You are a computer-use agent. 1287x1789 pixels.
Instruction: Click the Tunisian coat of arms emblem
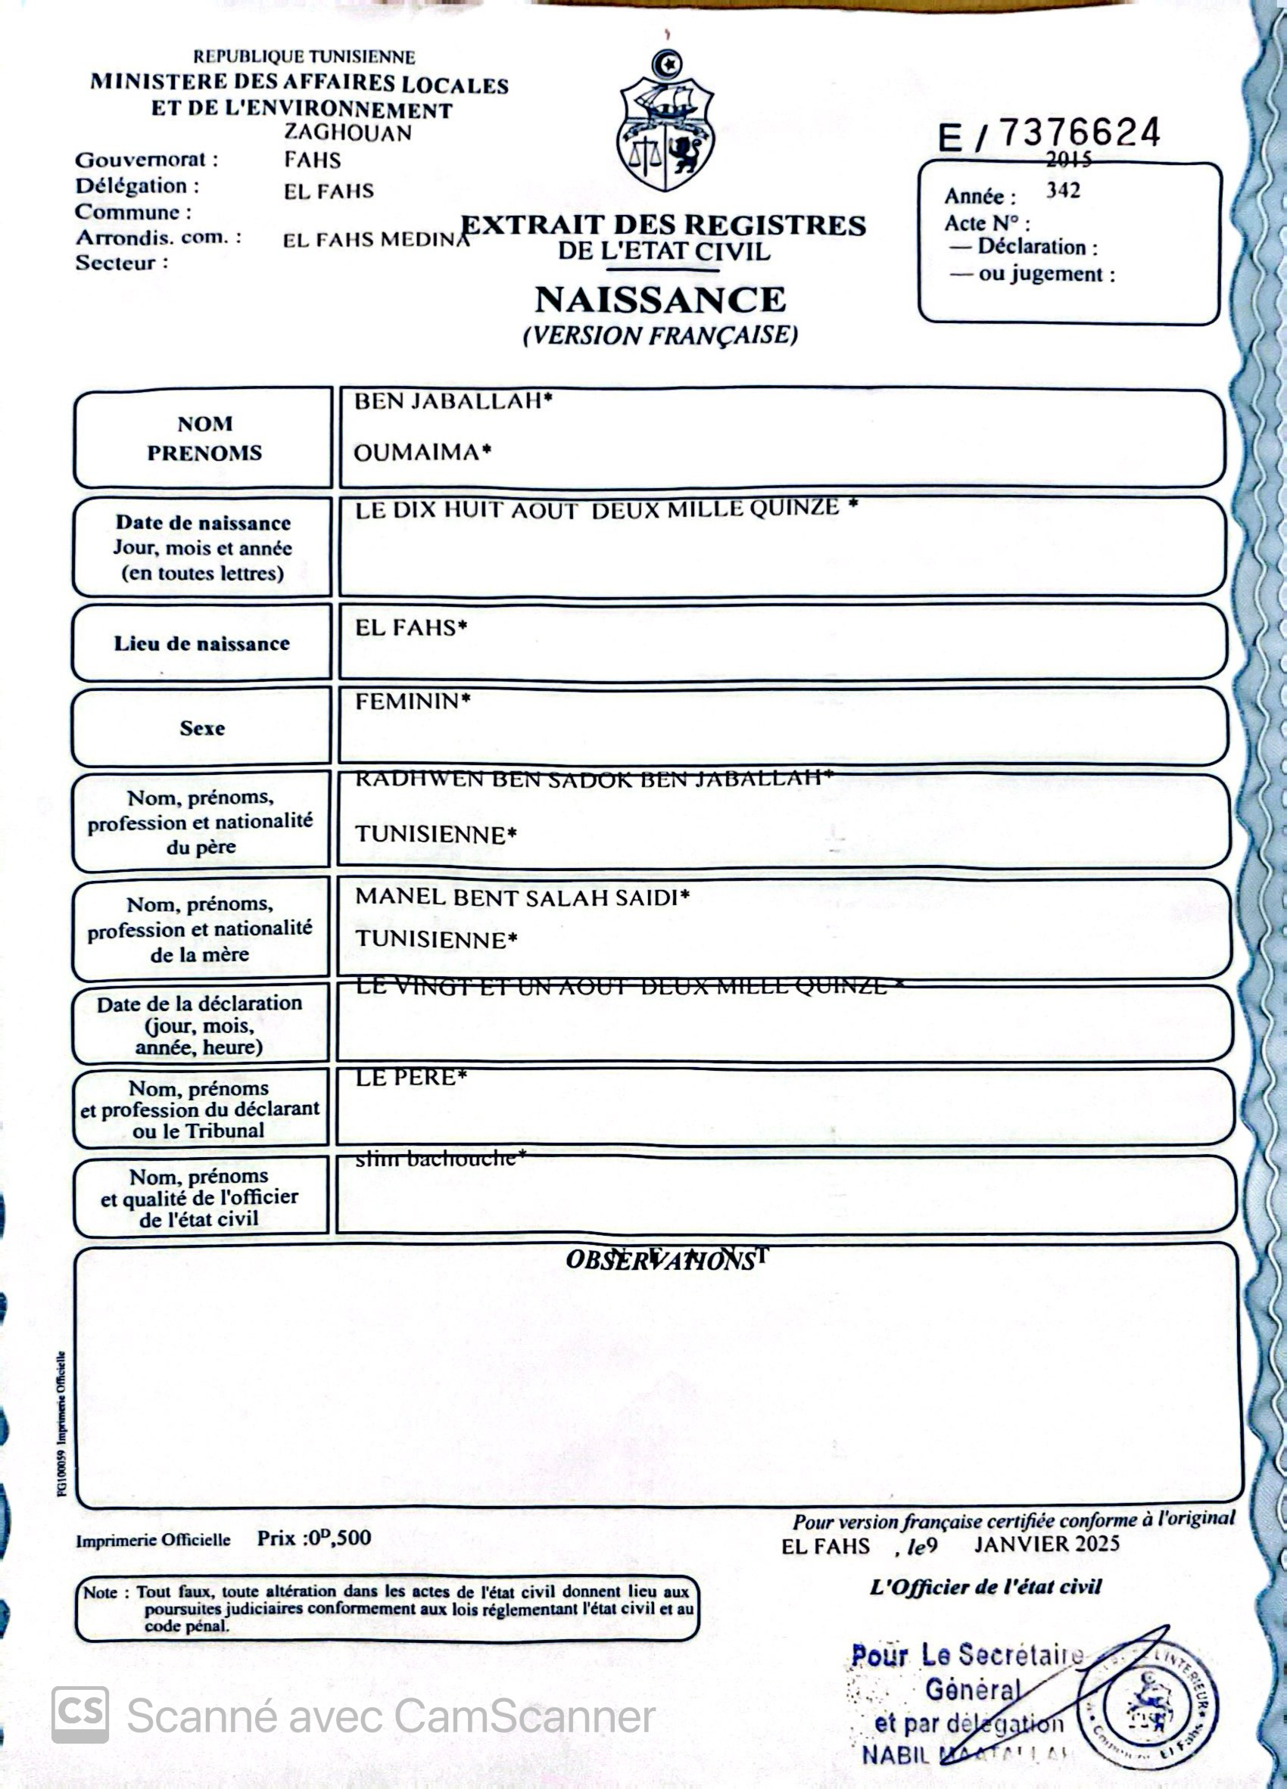point(665,124)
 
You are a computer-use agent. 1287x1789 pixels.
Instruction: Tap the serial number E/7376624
point(1049,134)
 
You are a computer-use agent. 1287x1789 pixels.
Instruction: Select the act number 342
point(1063,191)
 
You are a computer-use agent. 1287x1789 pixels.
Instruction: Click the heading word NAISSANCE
point(659,300)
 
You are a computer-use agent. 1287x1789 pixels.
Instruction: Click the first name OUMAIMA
point(422,452)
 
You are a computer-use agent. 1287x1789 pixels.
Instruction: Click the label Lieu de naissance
point(202,644)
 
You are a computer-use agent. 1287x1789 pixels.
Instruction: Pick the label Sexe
point(202,728)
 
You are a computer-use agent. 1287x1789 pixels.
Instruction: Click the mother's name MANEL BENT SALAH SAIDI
point(522,897)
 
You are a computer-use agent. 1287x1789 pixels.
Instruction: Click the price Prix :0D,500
point(313,1539)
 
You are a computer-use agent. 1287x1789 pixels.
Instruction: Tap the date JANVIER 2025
point(1046,1544)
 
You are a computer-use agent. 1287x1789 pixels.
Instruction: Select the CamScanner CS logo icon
point(80,1714)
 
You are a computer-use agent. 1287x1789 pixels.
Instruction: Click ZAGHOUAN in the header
point(348,132)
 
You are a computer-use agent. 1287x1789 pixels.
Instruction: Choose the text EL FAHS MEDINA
point(376,239)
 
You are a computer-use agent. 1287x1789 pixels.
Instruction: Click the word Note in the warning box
point(100,1591)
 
